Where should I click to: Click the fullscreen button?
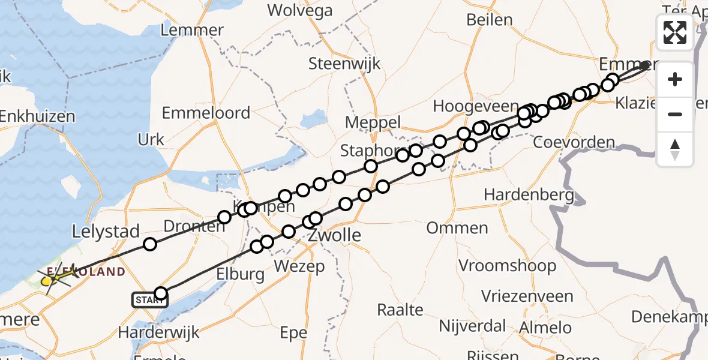pos(675,32)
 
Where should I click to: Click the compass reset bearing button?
pos(675,149)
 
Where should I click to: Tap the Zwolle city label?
pos(335,235)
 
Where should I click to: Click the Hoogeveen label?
pos(476,107)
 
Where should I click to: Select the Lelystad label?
pos(106,231)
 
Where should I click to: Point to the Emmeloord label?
pos(206,113)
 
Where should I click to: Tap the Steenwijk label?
pos(344,64)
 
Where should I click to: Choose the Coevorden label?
pos(574,143)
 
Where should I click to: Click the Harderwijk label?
pos(158,332)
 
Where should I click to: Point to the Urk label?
pos(151,140)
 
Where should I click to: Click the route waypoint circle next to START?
pos(161,293)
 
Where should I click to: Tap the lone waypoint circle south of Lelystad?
pos(150,244)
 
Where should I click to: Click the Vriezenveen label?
pos(527,296)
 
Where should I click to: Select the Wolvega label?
pos(300,10)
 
